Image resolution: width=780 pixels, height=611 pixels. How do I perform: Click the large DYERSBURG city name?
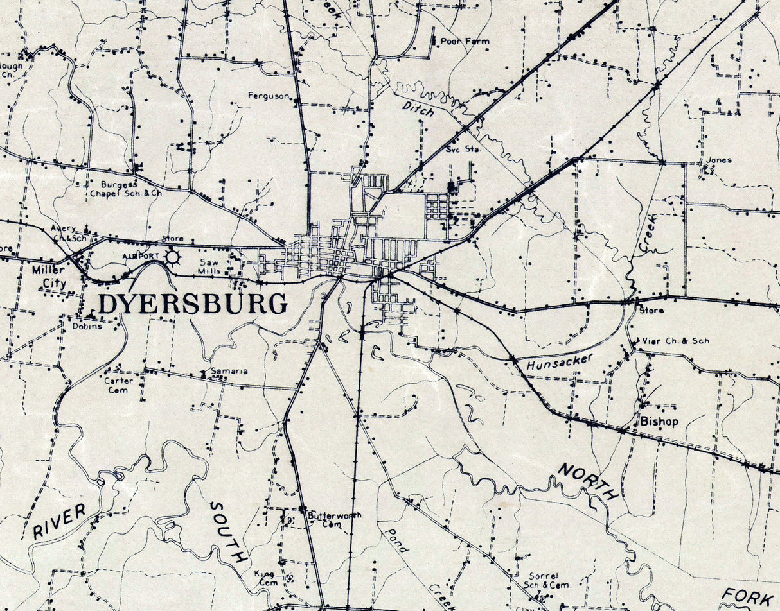tap(192, 304)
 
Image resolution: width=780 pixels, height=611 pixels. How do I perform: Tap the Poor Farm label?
tap(465, 41)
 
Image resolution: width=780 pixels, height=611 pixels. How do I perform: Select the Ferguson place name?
tap(269, 96)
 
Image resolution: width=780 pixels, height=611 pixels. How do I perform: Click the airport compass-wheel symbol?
tap(172, 258)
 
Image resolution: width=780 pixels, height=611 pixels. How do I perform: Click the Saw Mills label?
tap(209, 266)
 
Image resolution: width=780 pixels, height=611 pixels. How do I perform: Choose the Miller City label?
tap(49, 276)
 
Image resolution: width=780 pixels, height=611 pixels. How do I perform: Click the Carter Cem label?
tap(119, 384)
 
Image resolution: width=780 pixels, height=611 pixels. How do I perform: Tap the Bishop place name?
tap(659, 422)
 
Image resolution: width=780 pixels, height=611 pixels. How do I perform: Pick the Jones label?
tap(718, 160)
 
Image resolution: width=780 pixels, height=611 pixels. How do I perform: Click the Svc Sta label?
tap(463, 150)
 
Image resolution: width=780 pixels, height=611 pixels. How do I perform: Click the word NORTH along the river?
tap(589, 481)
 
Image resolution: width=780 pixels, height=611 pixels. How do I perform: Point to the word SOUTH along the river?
tap(228, 532)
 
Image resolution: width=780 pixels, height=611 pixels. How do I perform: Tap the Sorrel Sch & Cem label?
tap(547, 580)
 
